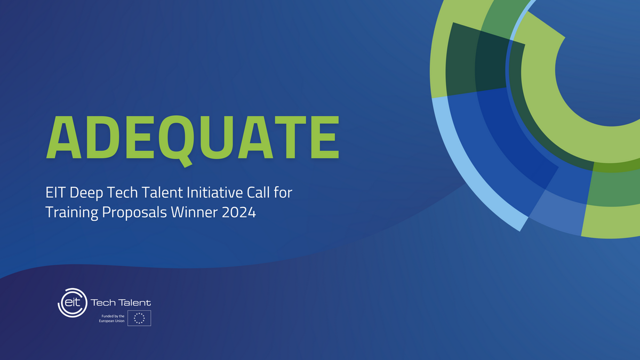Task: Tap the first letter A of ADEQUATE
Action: click(64, 137)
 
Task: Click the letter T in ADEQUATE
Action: click(291, 137)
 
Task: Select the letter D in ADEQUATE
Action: click(101, 137)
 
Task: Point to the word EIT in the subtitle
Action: click(55, 193)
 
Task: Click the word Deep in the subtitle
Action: click(86, 194)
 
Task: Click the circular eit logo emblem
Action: click(73, 302)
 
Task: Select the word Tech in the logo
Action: click(103, 302)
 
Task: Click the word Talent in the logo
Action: click(135, 302)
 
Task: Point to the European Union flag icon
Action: click(139, 318)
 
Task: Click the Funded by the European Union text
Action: click(111, 318)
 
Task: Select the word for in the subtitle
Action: click(283, 193)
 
